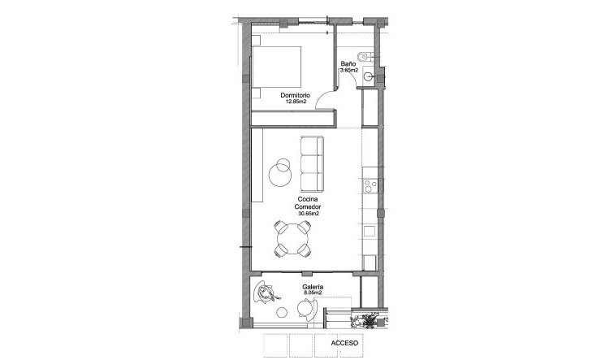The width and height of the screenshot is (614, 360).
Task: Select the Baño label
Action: (348, 63)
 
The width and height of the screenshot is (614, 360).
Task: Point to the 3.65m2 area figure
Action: (349, 71)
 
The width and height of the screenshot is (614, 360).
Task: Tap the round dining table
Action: (292, 239)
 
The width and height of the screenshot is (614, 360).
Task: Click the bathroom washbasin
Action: (370, 77)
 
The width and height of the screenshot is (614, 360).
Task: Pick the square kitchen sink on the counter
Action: (370, 231)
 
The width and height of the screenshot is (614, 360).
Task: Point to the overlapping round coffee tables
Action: (281, 169)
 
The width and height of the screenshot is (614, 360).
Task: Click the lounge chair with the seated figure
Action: (267, 294)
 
